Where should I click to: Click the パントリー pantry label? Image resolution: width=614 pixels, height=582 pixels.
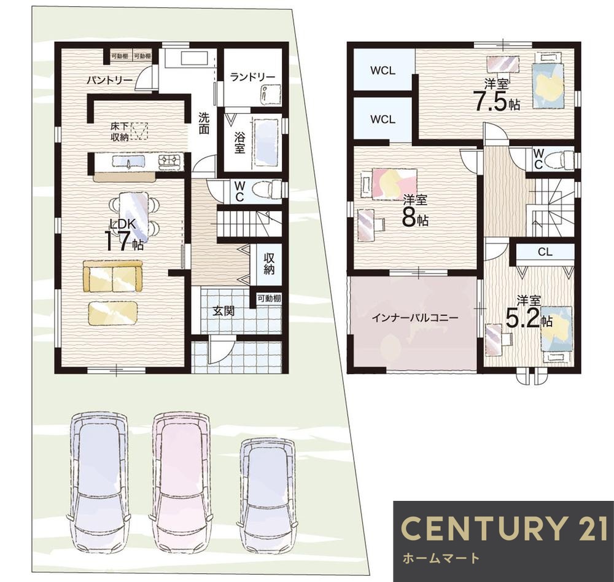(x=110, y=81)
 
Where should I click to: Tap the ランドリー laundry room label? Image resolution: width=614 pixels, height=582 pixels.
(x=252, y=77)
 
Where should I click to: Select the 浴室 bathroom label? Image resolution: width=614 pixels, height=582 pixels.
(x=239, y=143)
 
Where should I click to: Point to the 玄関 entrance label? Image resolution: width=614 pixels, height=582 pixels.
(x=223, y=311)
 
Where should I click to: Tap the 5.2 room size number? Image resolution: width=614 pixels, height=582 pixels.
(x=523, y=318)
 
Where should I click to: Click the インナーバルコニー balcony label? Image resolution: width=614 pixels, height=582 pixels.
(x=414, y=318)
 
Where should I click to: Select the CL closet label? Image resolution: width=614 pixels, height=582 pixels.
(x=545, y=252)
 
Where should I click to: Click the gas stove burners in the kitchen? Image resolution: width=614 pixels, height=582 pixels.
(x=170, y=161)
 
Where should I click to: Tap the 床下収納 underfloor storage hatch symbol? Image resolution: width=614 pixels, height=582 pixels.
(x=139, y=131)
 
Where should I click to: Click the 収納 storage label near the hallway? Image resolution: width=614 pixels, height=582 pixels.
(x=269, y=264)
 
